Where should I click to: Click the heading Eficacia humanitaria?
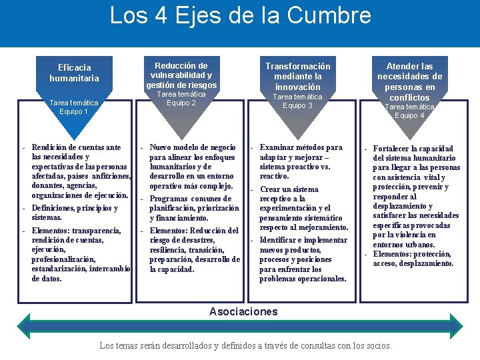(x=74, y=73)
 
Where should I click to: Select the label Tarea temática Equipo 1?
(x=74, y=107)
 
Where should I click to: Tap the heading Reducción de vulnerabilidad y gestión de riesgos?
(x=181, y=75)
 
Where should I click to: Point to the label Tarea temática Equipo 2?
(x=181, y=99)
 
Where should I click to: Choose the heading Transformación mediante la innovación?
(x=297, y=77)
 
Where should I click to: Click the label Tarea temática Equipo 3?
(x=297, y=101)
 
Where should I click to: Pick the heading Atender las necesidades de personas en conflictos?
(x=409, y=82)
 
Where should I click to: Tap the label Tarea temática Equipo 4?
(x=409, y=111)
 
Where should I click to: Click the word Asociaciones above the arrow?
(x=243, y=311)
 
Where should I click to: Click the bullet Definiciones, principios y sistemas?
(x=74, y=213)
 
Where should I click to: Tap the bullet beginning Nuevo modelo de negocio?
(x=193, y=166)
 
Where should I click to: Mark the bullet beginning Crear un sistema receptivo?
(x=303, y=208)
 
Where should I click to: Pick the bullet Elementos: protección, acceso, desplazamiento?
(x=413, y=259)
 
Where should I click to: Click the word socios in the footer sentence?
(x=377, y=346)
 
